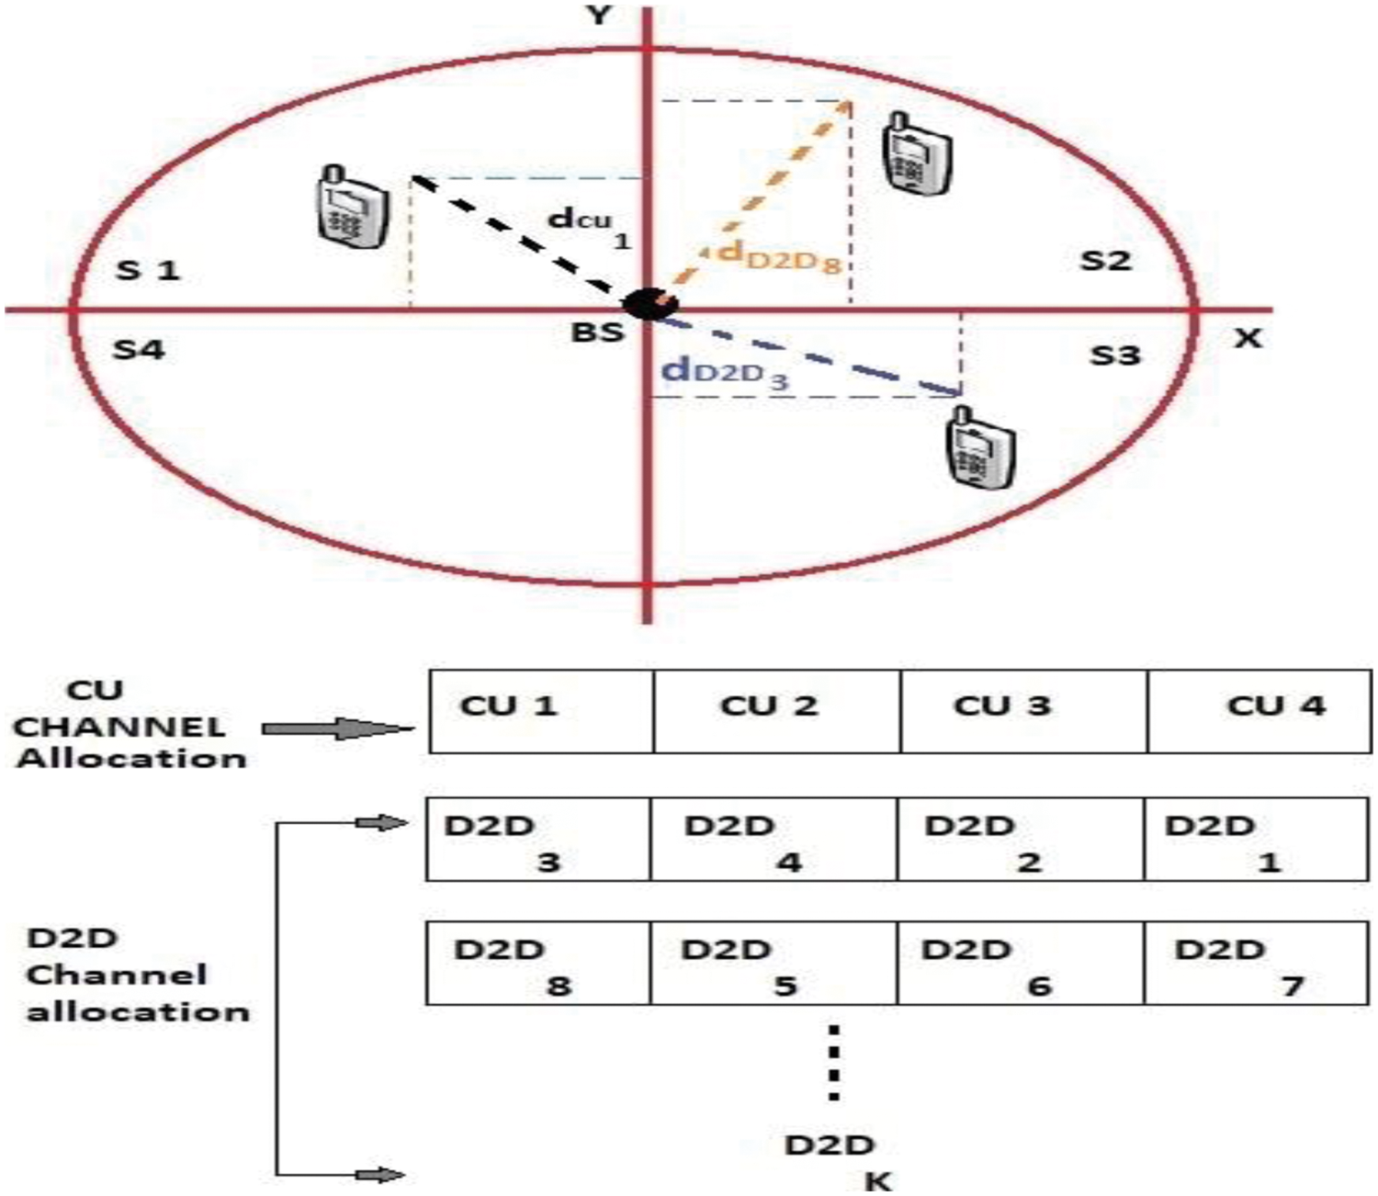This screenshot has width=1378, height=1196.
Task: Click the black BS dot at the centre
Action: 649,305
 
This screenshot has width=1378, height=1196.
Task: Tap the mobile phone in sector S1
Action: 350,207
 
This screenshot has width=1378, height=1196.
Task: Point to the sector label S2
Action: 1104,261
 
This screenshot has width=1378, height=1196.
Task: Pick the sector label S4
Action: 139,349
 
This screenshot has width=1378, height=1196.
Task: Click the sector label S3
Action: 1114,355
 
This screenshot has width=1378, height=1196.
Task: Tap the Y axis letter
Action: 600,16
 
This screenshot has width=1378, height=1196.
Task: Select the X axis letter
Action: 1247,338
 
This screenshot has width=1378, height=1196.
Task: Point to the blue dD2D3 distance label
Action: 725,372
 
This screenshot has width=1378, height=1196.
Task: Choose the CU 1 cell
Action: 541,712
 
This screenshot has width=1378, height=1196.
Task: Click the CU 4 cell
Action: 1259,712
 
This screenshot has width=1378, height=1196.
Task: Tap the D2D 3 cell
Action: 538,840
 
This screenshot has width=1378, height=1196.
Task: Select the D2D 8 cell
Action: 538,964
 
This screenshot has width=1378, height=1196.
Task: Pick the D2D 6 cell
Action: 1020,964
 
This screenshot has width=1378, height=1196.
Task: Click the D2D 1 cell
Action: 1256,840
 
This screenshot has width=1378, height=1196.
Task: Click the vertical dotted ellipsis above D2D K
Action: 833,1062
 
